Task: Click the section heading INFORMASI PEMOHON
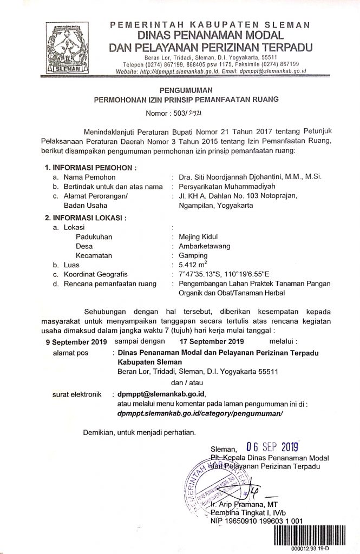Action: click(x=87, y=167)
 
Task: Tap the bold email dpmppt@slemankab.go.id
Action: click(x=161, y=394)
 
